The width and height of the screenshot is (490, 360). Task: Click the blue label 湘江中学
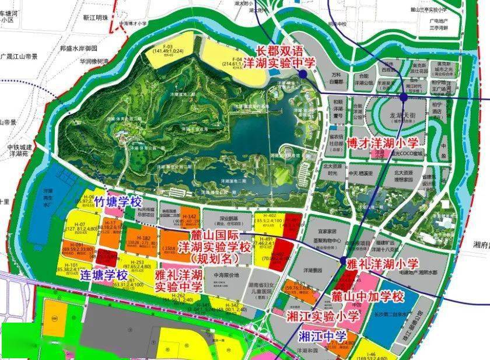tap(322, 337)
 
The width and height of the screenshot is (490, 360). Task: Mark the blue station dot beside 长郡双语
tap(302, 75)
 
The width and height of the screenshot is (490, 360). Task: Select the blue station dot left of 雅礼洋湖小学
tap(343, 261)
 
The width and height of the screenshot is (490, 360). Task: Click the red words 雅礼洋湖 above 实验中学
tap(179, 274)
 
